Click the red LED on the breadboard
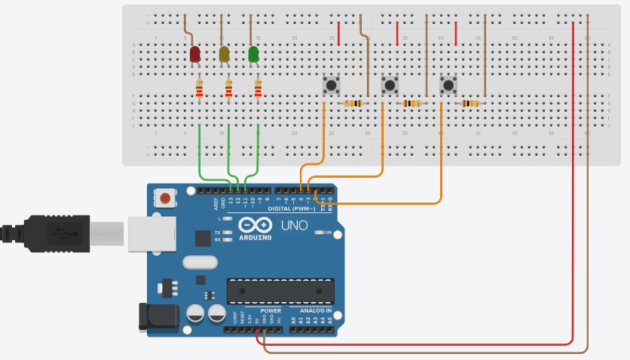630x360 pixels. pyautogui.click(x=195, y=54)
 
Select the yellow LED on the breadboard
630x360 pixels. pyautogui.click(x=224, y=54)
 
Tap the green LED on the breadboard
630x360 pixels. pyautogui.click(x=254, y=54)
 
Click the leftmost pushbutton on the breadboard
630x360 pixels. pyautogui.click(x=330, y=84)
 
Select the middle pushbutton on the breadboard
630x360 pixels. pyautogui.click(x=389, y=84)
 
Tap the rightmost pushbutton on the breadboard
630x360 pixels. pyautogui.click(x=448, y=84)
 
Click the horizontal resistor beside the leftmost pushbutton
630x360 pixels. pyautogui.click(x=353, y=103)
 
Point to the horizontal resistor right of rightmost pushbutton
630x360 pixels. pyautogui.click(x=470, y=103)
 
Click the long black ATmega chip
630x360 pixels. pyautogui.click(x=280, y=290)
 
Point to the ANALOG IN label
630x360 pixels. pyautogui.click(x=311, y=310)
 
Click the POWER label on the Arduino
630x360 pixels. pyautogui.click(x=271, y=310)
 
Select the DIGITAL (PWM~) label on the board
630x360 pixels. pyautogui.click(x=292, y=209)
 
